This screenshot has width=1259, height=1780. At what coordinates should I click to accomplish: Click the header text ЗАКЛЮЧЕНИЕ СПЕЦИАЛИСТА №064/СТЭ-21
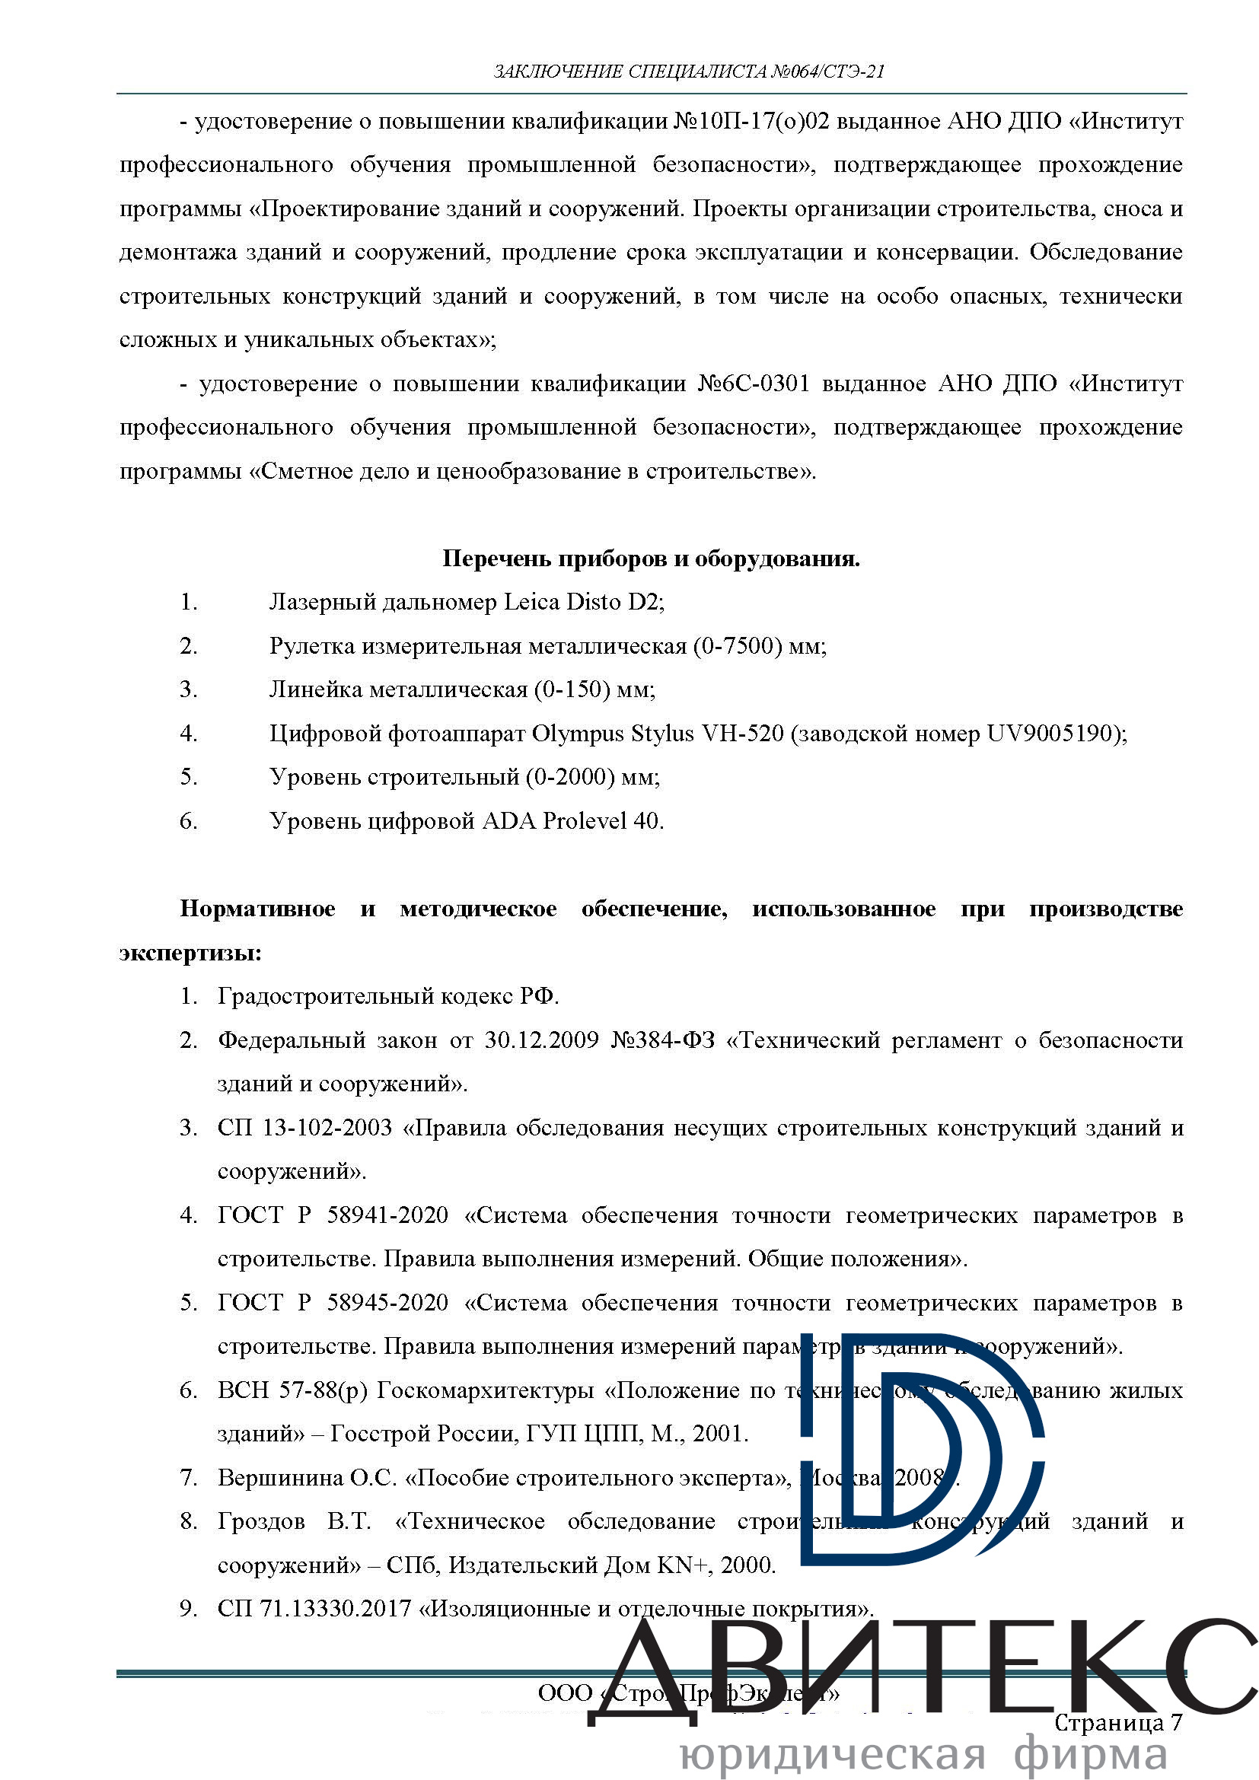click(689, 72)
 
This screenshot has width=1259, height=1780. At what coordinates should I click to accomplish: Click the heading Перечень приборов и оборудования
click(652, 559)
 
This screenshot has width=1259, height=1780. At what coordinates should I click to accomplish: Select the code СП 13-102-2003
click(304, 1128)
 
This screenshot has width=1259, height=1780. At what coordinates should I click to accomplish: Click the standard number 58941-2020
click(387, 1215)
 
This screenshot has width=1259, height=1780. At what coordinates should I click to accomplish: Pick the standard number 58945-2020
click(387, 1303)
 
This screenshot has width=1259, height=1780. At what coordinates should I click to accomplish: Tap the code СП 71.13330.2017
click(314, 1610)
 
